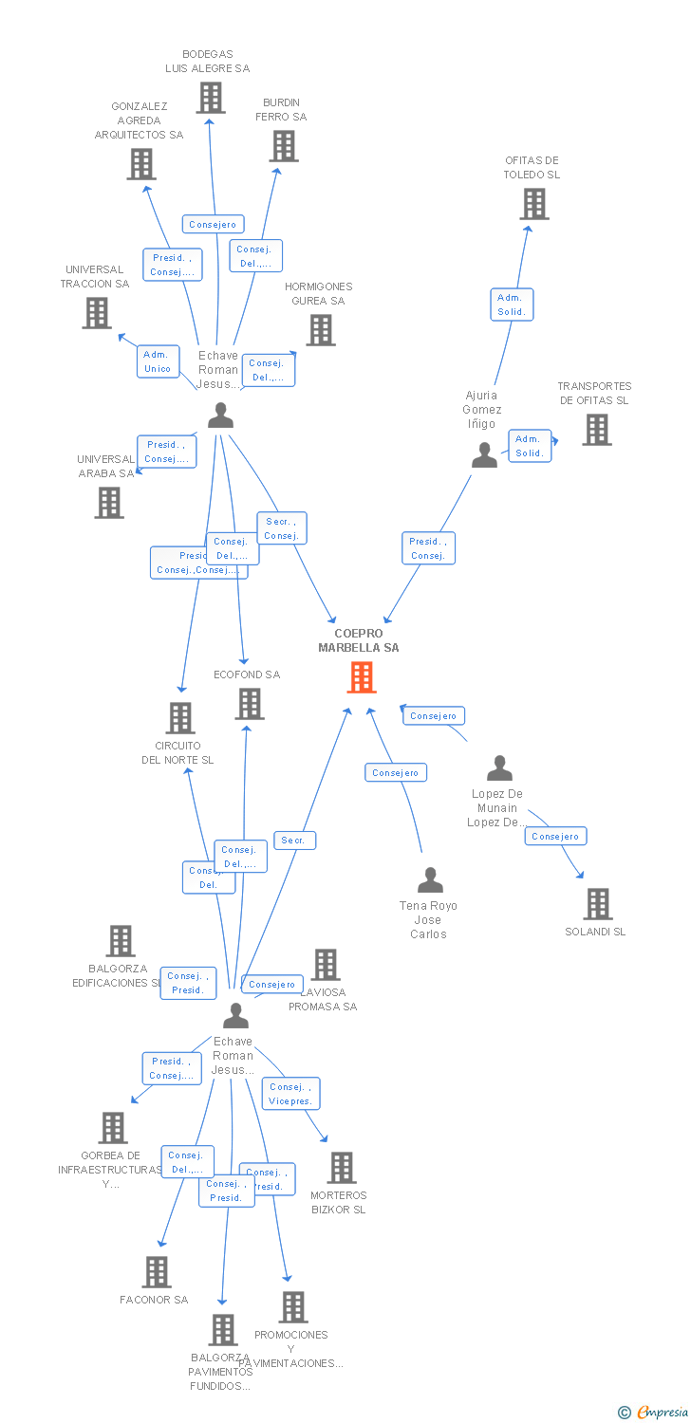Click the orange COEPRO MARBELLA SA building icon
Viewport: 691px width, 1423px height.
point(362,677)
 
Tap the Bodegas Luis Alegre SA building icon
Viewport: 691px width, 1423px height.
point(211,98)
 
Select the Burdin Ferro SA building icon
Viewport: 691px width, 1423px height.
point(284,146)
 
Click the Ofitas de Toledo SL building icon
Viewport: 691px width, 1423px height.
point(534,204)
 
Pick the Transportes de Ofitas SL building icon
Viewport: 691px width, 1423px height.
point(597,430)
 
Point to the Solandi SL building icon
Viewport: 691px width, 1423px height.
point(598,904)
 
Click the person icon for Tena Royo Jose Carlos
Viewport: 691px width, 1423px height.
point(431,879)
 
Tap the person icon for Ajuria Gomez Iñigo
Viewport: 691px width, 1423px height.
point(484,455)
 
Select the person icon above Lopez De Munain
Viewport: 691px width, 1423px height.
point(499,767)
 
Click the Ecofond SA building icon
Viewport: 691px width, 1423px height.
point(250,704)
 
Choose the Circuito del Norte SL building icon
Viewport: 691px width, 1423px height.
point(180,718)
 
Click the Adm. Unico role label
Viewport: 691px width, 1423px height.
point(158,361)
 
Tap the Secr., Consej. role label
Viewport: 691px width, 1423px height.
point(282,528)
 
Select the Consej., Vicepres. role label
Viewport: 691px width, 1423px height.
point(291,1094)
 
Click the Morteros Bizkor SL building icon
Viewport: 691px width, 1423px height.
point(342,1168)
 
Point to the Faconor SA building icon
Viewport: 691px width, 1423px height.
point(157,1272)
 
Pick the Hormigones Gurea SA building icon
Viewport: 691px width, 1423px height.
point(321,330)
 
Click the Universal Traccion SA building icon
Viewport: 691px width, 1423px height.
point(97,313)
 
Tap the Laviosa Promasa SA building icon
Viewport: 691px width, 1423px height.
point(326,965)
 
